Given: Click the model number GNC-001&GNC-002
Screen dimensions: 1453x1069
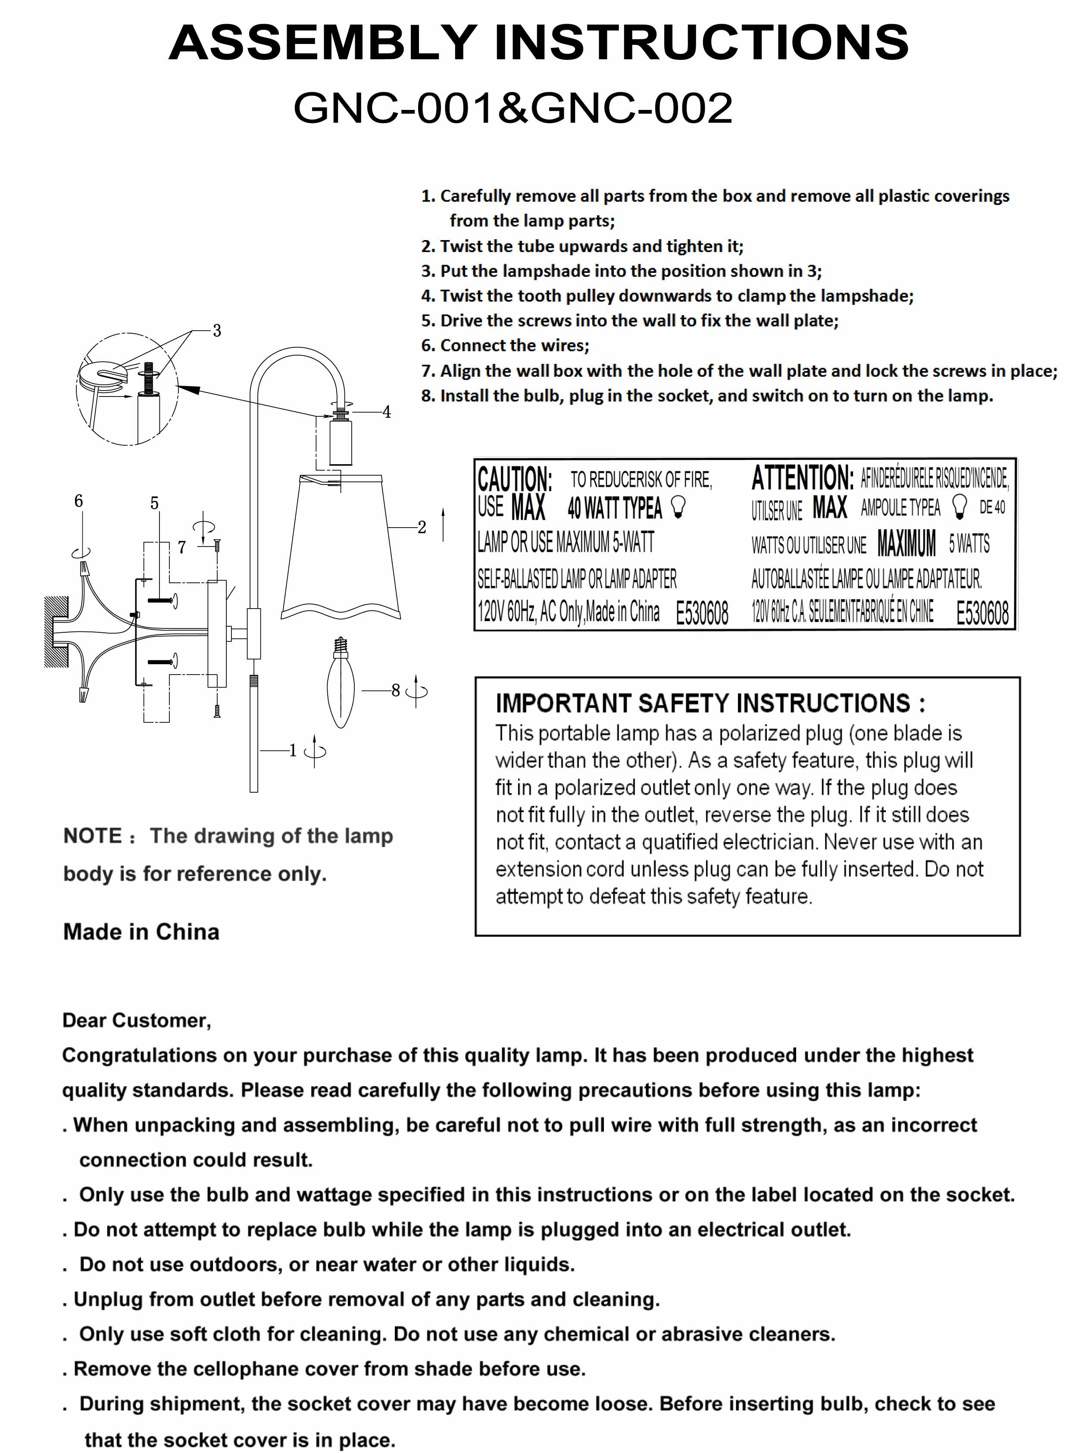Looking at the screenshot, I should click(513, 108).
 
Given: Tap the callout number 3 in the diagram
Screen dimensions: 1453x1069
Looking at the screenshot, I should click(217, 331).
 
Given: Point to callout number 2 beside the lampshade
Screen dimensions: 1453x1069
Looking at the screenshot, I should click(422, 527).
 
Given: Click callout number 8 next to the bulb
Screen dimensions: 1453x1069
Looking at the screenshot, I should click(395, 690).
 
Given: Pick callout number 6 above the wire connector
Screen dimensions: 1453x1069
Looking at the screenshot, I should click(79, 501).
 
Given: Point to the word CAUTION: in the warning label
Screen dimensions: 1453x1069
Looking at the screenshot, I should click(514, 479).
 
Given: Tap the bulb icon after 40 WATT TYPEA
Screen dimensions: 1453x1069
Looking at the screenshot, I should click(678, 508).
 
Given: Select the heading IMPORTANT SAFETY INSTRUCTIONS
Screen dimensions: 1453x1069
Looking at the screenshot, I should click(710, 703).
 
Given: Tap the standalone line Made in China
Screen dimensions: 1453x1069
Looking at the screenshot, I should click(141, 931).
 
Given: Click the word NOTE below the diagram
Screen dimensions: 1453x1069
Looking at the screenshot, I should click(93, 836).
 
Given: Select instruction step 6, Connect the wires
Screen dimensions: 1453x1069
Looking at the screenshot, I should click(505, 345).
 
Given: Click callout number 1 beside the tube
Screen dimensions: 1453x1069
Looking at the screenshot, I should click(293, 750).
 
